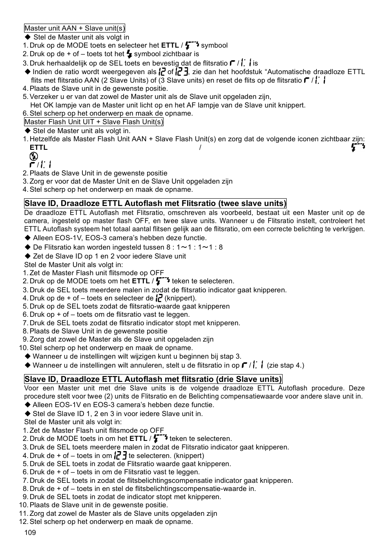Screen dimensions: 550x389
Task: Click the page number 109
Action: pyautogui.click(x=30, y=532)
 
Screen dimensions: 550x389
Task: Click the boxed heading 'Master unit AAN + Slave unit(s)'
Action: pyautogui.click(x=75, y=28)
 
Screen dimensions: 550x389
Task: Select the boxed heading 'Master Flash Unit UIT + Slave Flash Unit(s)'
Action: pyautogui.click(x=94, y=122)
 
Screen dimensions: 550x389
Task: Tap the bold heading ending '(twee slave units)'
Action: pyautogui.click(x=155, y=204)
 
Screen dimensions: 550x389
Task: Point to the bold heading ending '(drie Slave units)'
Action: pyautogui.click(x=153, y=379)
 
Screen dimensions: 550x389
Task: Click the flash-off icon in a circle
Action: pyautogui.click(x=34, y=156)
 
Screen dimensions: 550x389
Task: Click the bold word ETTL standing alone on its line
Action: pyautogui.click(x=38, y=147)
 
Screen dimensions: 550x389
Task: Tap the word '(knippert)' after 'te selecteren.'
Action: pyautogui.click(x=189, y=456)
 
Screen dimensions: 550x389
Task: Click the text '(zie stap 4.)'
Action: pyautogui.click(x=285, y=365)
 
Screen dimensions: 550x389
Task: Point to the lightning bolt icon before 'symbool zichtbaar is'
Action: pyautogui.click(x=129, y=54)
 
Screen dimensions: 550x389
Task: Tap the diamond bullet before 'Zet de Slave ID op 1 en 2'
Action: pyautogui.click(x=28, y=256)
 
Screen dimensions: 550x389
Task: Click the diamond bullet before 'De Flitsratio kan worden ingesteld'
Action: pyautogui.click(x=28, y=247)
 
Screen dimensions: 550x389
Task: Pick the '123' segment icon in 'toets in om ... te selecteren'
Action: pyautogui.click(x=120, y=456)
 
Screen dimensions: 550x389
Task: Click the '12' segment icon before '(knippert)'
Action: pyautogui.click(x=159, y=298)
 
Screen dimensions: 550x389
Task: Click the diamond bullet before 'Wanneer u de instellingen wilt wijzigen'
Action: pyautogui.click(x=28, y=356)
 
